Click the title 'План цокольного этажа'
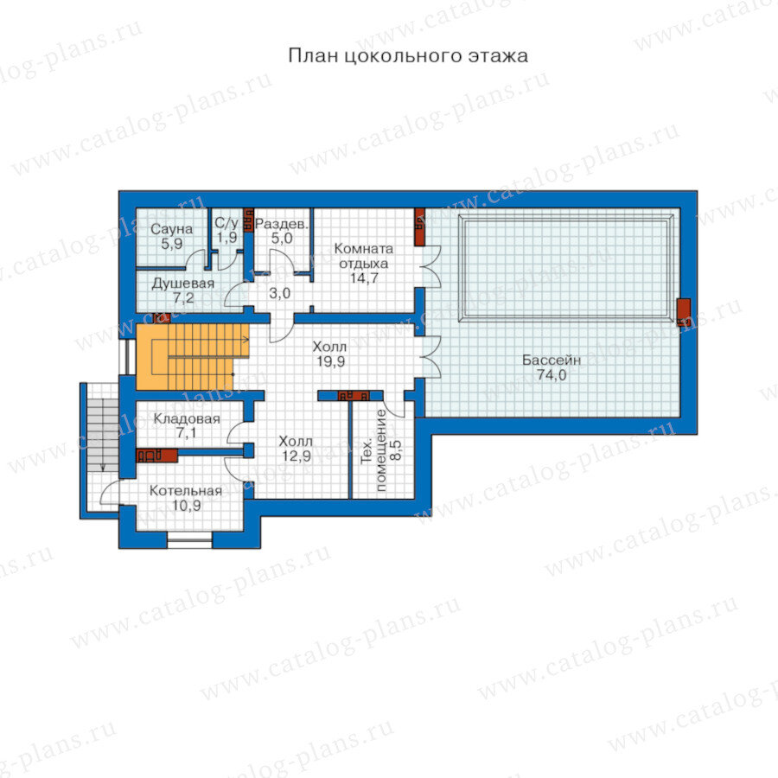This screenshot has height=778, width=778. [408, 55]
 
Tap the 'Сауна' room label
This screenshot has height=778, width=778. [172, 229]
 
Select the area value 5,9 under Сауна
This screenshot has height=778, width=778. [172, 244]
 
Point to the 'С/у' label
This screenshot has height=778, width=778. [226, 223]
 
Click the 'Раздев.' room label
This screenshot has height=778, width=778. [282, 224]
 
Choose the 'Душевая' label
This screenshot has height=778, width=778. [183, 284]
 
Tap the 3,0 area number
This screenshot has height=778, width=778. [280, 293]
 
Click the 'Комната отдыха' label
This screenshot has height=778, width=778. [364, 256]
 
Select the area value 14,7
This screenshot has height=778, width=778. [364, 278]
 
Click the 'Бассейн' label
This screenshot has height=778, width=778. [552, 360]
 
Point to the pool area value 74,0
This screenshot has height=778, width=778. [552, 375]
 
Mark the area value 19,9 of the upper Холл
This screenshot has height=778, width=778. [331, 361]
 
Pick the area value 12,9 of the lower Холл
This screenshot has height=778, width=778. [297, 456]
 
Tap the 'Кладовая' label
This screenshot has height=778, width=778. [187, 418]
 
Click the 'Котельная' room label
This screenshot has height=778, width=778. [186, 491]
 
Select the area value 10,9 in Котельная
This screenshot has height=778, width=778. [187, 506]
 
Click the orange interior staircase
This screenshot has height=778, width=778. [192, 357]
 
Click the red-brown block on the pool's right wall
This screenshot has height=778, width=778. [684, 312]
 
